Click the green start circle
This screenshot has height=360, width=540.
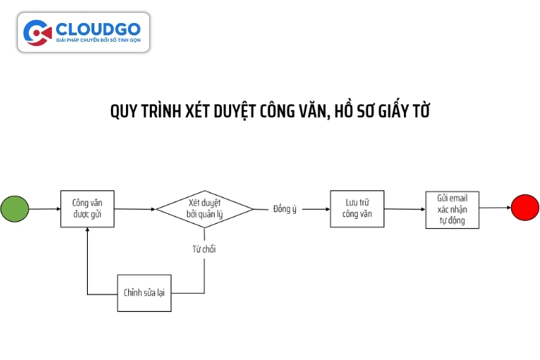pyautogui.click(x=15, y=209)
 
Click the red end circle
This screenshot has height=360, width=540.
pyautogui.click(x=525, y=208)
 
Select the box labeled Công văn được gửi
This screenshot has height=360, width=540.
pyautogui.click(x=87, y=209)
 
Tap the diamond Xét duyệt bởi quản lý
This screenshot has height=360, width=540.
pyautogui.click(x=204, y=209)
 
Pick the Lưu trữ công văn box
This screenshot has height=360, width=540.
pyautogui.click(x=357, y=209)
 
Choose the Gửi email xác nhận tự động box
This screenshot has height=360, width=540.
pyautogui.click(x=452, y=209)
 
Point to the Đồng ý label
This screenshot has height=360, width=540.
pyautogui.click(x=285, y=209)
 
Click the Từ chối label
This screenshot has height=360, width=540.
pyautogui.click(x=204, y=249)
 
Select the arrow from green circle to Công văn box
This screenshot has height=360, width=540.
pyautogui.click(x=45, y=209)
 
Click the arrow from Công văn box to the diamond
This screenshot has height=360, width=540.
pyautogui.click(x=134, y=209)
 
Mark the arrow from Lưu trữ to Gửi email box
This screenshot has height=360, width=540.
pyautogui.click(x=405, y=209)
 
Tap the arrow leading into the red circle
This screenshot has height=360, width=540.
pyautogui.click(x=495, y=208)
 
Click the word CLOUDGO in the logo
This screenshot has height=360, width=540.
pyautogui.click(x=97, y=28)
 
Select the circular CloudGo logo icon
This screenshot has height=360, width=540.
pyautogui.click(x=38, y=32)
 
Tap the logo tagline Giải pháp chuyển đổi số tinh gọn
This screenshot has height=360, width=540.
pyautogui.click(x=97, y=42)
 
